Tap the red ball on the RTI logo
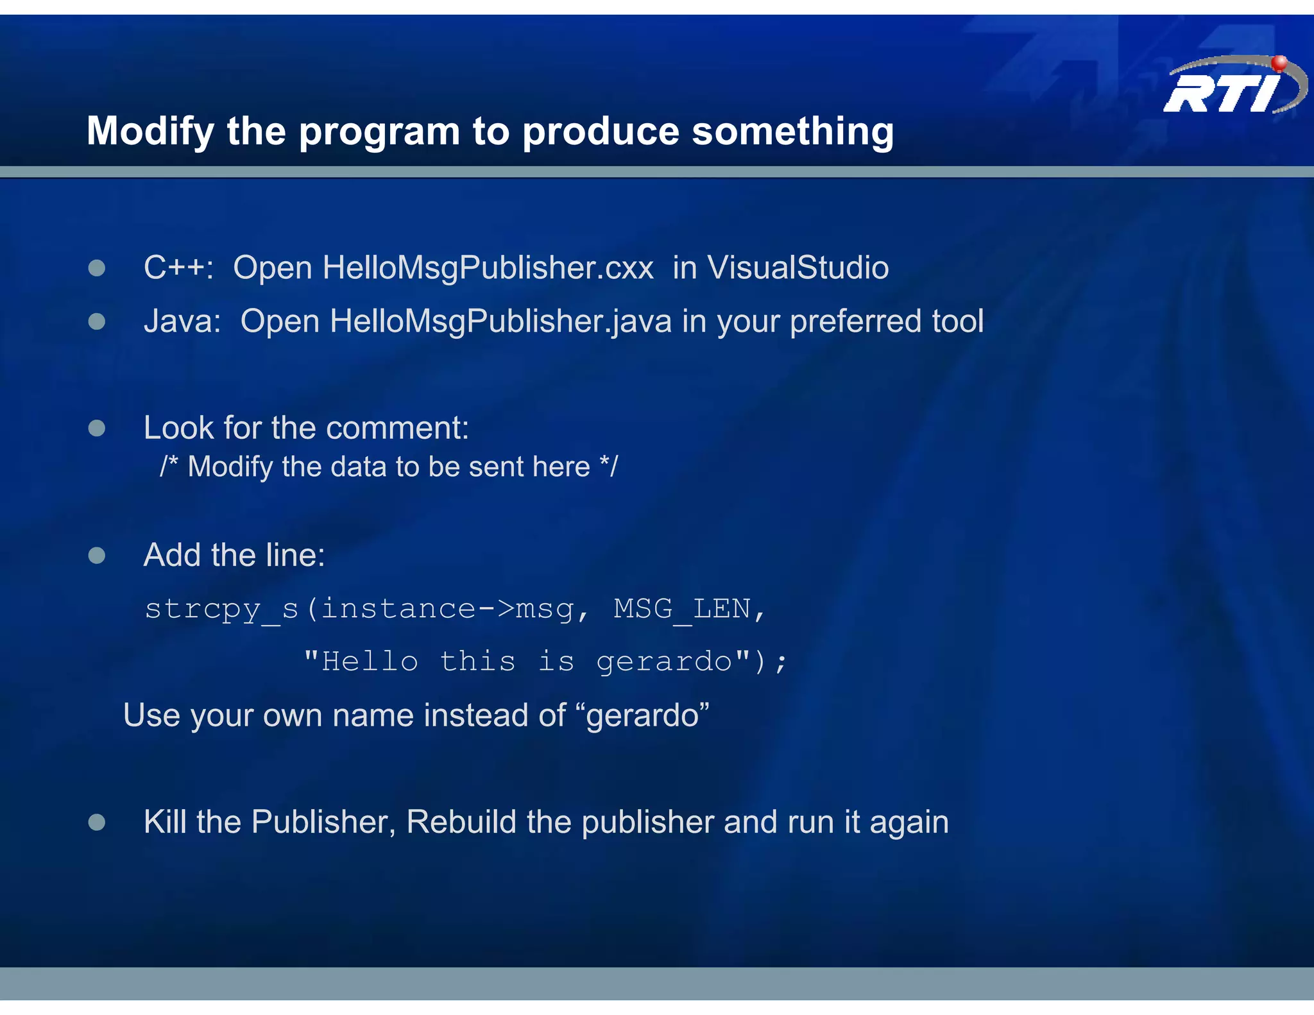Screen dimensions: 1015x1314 1279,63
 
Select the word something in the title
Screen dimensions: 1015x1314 792,132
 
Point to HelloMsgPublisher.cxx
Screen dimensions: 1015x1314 488,268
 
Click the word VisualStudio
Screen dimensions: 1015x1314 798,268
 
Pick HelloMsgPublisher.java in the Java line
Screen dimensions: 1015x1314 500,321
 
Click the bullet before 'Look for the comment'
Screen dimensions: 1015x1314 97,428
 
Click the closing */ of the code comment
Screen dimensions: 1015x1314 608,466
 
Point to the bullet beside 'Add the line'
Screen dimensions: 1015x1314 97,555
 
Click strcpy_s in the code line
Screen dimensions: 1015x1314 221,609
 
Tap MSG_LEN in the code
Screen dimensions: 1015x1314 681,609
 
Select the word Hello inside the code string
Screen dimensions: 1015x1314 370,661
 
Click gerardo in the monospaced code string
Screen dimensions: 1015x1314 664,661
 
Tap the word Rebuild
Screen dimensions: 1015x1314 461,822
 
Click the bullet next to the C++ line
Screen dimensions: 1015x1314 97,268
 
